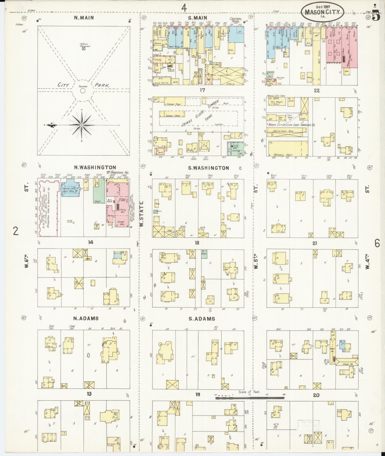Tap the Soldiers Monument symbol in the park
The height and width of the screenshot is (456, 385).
click(83, 49)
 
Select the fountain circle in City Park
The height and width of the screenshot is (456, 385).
click(83, 91)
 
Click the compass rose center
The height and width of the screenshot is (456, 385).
click(82, 125)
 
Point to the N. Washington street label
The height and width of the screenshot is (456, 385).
click(93, 167)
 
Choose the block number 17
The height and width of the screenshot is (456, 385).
click(202, 90)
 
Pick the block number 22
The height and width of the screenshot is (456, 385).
click(317, 90)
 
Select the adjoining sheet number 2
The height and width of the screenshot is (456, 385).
click(16, 231)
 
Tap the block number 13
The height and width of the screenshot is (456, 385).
click(89, 393)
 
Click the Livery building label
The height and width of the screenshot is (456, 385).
click(230, 84)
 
